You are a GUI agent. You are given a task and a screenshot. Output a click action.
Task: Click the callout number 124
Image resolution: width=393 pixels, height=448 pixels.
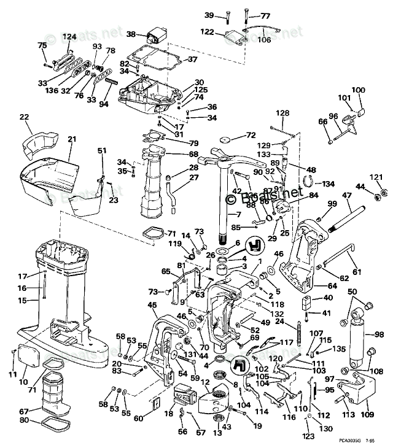[69, 37]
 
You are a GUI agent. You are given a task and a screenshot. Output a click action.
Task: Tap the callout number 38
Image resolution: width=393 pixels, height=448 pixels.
[131, 34]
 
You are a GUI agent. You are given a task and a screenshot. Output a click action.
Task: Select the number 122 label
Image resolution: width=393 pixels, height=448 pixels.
[207, 32]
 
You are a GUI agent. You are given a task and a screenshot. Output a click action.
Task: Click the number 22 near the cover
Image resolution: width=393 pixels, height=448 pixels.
[24, 117]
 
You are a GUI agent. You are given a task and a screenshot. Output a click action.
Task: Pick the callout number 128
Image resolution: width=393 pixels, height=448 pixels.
[282, 113]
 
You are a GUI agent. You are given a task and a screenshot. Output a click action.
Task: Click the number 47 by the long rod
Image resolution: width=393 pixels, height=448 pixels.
[346, 195]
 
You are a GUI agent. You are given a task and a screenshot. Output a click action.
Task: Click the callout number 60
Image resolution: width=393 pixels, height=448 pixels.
[138, 419]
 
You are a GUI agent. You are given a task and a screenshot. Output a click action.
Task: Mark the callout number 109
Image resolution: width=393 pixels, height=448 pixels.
[367, 415]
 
